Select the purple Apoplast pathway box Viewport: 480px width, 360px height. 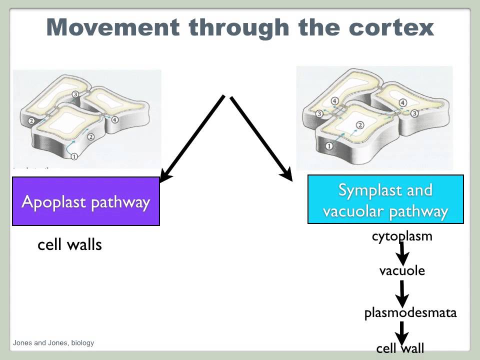(x=86, y=202)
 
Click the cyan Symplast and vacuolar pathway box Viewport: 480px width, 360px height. (x=385, y=199)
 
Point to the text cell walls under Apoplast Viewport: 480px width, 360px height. (x=69, y=245)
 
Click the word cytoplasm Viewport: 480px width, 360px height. (x=402, y=236)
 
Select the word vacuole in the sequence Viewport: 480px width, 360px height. (x=402, y=271)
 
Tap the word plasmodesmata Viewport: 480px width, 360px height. (x=410, y=313)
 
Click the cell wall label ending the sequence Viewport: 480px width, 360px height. (x=400, y=348)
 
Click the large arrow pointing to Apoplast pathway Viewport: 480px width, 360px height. (x=192, y=137)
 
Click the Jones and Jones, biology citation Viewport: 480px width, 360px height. (x=53, y=343)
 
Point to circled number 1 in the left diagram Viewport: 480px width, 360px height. (x=73, y=156)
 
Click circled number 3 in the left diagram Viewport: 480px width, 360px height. (x=75, y=94)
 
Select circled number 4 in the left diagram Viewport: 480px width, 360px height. (x=114, y=120)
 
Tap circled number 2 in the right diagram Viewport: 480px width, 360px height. (x=359, y=125)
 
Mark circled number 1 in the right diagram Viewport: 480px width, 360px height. (x=329, y=146)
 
